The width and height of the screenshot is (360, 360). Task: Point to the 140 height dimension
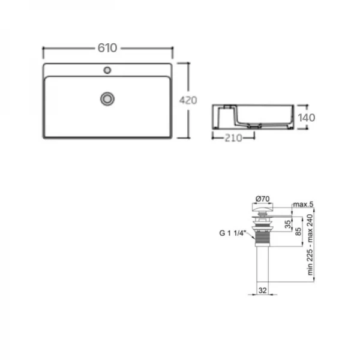[x=306, y=118]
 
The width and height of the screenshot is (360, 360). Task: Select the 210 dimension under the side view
[x=232, y=138]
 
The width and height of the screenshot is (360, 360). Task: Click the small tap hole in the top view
[x=107, y=70]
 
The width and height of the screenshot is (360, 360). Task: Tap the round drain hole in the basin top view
[x=108, y=97]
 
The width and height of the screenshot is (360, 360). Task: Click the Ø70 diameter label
[x=262, y=198]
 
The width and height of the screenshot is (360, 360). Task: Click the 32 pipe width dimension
[x=262, y=290]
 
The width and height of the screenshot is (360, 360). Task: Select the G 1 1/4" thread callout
[x=231, y=233]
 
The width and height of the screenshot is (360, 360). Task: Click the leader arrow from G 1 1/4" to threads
[x=248, y=233]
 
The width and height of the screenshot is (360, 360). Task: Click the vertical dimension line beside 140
[x=296, y=118]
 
